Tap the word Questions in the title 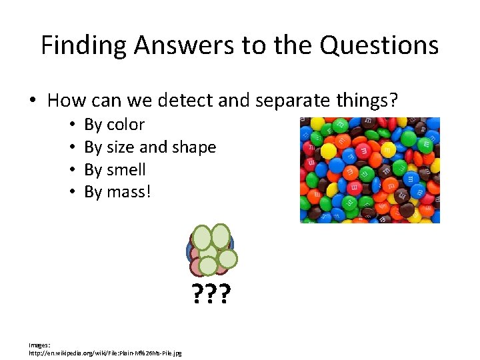pos(379,46)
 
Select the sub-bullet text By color pos(114,125)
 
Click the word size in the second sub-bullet pos(125,147)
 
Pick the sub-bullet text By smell pos(115,170)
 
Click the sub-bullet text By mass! pos(117,193)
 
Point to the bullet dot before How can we pos(33,101)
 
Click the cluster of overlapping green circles pos(211,250)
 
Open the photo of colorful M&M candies pos(369,170)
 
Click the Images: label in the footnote pos(39,345)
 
